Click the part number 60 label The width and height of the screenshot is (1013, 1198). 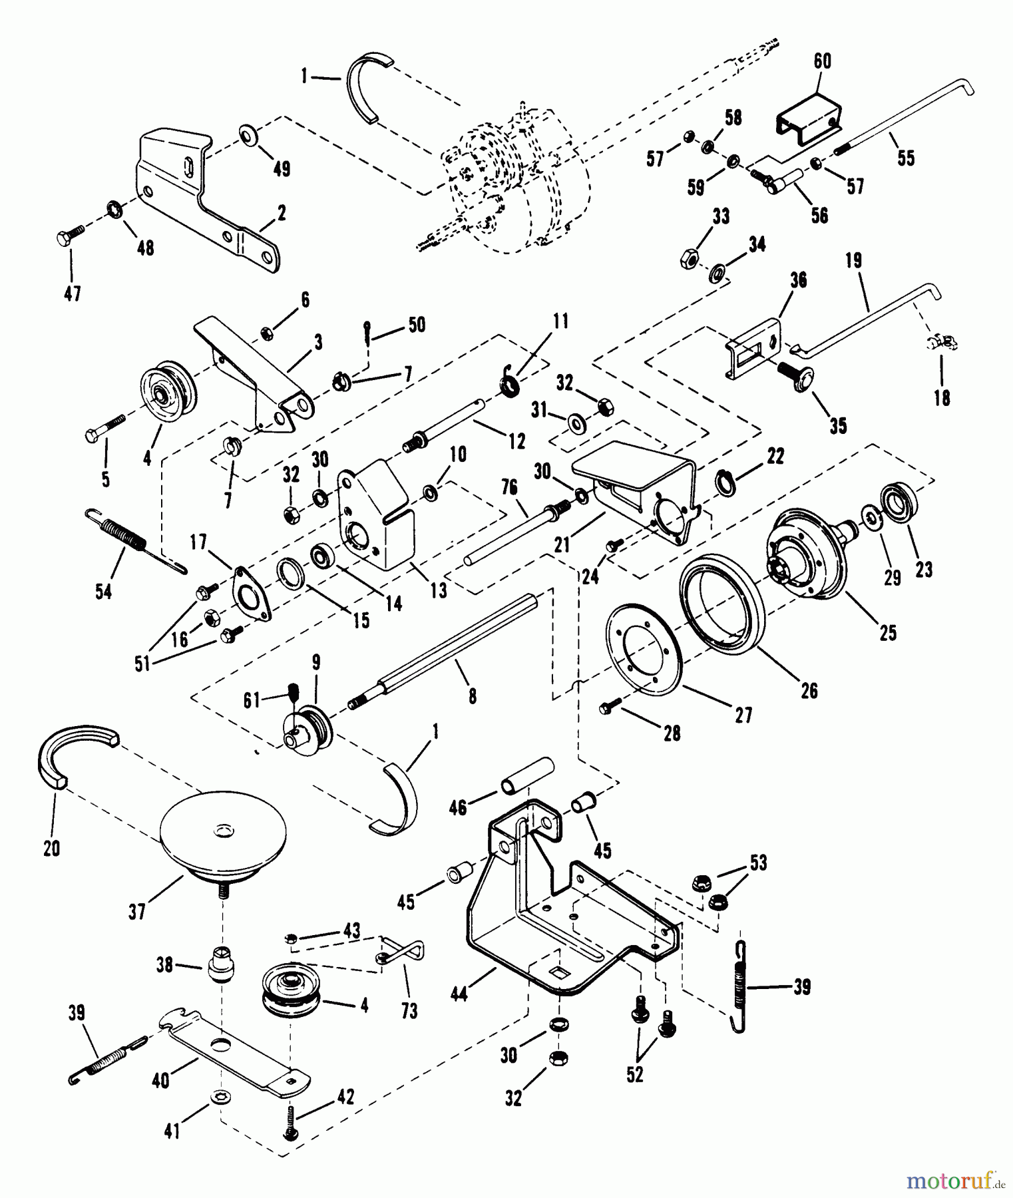(823, 61)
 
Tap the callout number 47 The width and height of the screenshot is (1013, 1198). (72, 292)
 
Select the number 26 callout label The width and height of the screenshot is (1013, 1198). (809, 690)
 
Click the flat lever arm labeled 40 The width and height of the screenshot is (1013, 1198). (233, 1040)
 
